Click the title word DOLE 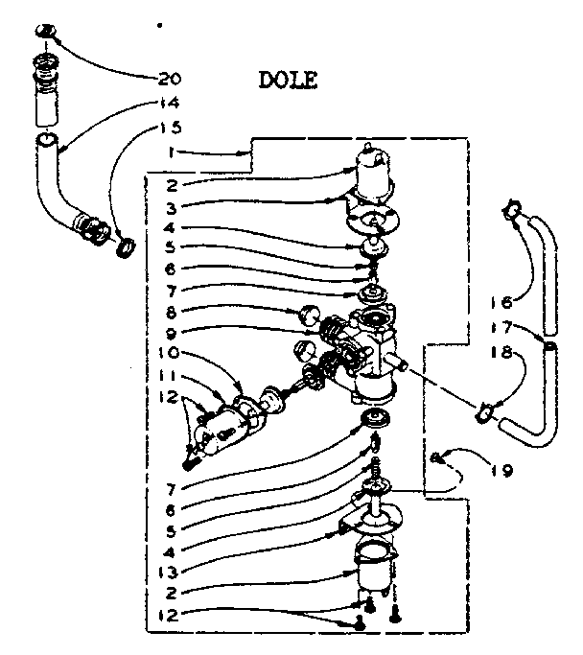tap(288, 81)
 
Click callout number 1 tap(169, 152)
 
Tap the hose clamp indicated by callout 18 tap(486, 413)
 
